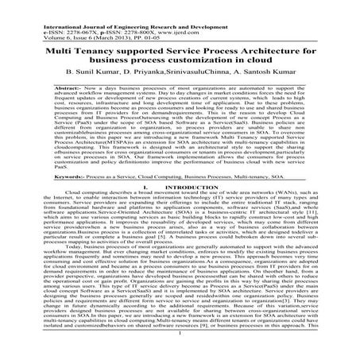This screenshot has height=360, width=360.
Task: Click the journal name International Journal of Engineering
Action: pyautogui.click(x=64, y=5)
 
